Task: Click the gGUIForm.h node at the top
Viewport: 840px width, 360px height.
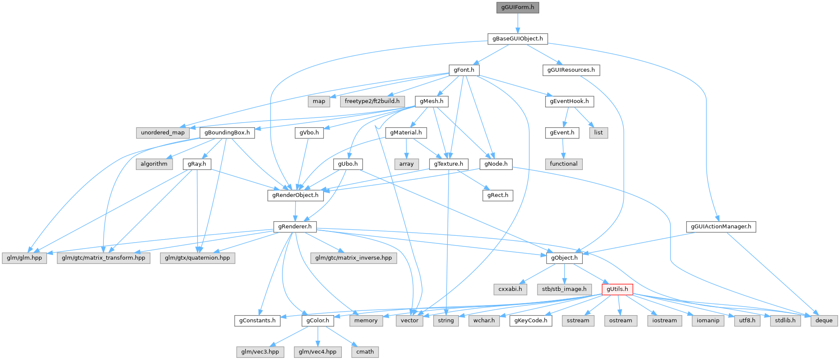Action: click(x=517, y=7)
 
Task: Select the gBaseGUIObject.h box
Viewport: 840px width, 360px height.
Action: click(x=517, y=38)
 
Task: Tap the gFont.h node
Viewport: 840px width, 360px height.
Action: click(x=464, y=70)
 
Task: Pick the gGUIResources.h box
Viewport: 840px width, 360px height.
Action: click(x=571, y=70)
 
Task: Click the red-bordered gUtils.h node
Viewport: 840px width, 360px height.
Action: click(x=617, y=289)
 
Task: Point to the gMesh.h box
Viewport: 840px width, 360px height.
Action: click(x=432, y=101)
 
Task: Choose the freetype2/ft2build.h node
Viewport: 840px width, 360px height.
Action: click(x=372, y=101)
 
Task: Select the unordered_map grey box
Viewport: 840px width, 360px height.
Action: click(x=163, y=132)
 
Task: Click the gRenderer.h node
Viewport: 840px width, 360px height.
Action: click(x=295, y=226)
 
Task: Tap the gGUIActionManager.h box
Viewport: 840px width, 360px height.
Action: click(x=721, y=226)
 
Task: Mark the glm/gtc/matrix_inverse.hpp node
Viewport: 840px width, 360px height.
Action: click(x=353, y=258)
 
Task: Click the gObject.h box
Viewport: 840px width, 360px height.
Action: click(x=564, y=258)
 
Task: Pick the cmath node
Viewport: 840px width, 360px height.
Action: click(x=365, y=351)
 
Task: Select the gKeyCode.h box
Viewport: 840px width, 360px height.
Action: click(x=531, y=320)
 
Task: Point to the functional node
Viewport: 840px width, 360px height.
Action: click(x=564, y=164)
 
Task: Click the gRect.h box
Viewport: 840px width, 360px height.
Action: click(x=498, y=195)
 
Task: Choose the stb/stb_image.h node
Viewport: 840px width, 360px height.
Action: click(x=564, y=289)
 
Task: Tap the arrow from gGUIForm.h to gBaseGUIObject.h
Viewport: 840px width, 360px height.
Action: click(x=517, y=23)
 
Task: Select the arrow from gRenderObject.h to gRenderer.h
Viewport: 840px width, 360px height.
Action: click(x=295, y=211)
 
